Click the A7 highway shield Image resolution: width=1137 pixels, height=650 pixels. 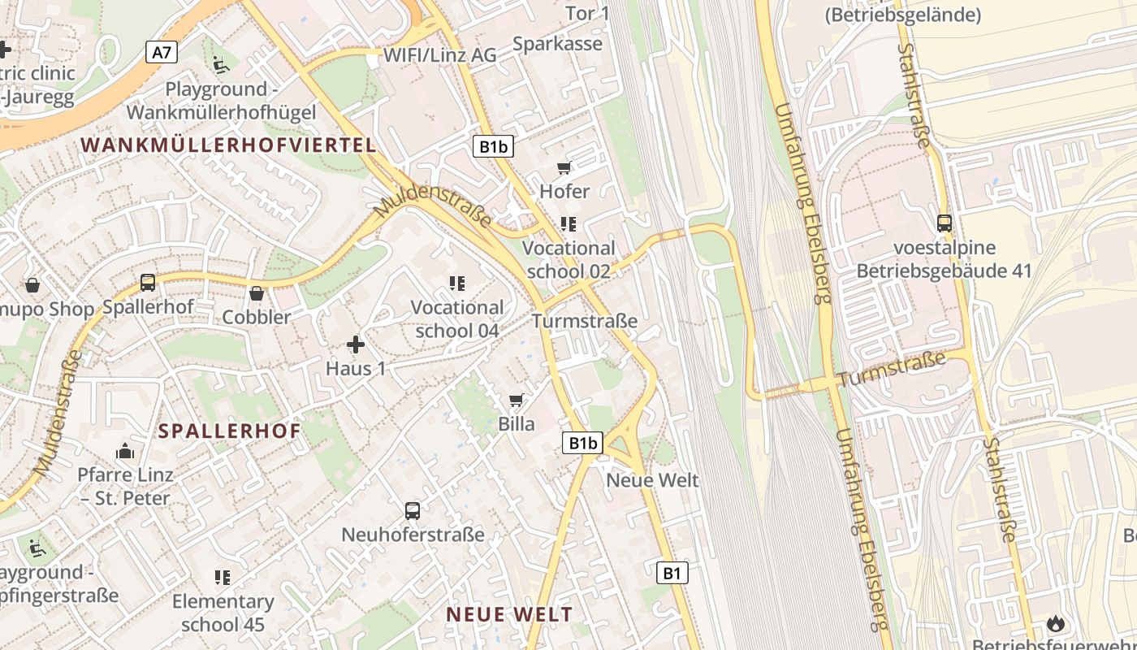click(162, 53)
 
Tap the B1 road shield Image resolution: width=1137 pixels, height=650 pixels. click(672, 573)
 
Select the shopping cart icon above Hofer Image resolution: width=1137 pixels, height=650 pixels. click(564, 168)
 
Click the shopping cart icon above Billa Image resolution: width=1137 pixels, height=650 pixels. click(516, 400)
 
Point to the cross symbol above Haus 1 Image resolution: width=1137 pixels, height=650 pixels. click(356, 344)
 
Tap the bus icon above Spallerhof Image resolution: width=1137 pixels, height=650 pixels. click(148, 283)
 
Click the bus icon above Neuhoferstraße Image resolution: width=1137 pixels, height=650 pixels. click(413, 511)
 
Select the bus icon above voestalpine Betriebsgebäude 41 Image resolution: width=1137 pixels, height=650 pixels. click(945, 223)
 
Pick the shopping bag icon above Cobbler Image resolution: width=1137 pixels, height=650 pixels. click(257, 293)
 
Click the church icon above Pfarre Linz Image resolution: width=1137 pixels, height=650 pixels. click(125, 450)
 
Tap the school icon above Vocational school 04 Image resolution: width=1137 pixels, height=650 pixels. click(457, 284)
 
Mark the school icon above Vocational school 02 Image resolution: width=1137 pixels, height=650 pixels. click(568, 223)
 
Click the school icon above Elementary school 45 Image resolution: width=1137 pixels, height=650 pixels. click(223, 578)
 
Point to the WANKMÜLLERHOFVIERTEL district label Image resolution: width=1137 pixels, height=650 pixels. click(229, 145)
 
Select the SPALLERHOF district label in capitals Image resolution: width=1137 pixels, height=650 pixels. click(230, 431)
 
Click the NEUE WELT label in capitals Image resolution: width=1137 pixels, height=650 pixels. click(509, 614)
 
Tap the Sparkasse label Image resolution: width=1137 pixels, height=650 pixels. click(558, 44)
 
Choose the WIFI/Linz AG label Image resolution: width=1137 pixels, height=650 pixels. click(439, 55)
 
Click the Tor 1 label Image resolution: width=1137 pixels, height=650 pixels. click(587, 13)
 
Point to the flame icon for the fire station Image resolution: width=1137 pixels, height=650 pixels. click(1055, 624)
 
